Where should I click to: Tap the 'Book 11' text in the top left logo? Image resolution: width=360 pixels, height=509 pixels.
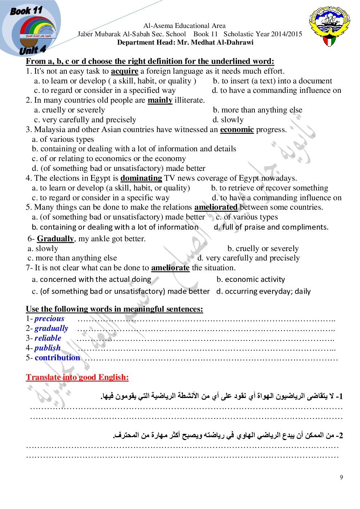(x=26, y=11)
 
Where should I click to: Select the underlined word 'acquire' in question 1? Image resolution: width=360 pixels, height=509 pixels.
(x=124, y=71)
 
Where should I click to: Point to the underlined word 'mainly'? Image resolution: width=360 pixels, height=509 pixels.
(x=160, y=100)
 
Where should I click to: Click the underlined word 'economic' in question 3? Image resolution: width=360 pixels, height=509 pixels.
(x=237, y=130)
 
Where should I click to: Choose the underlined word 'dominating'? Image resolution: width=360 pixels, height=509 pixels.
(x=141, y=178)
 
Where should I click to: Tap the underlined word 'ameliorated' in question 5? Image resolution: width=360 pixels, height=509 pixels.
(x=216, y=207)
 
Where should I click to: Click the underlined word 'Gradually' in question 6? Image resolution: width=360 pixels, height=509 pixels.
(x=55, y=239)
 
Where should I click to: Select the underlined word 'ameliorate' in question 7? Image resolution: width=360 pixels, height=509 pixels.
(x=170, y=268)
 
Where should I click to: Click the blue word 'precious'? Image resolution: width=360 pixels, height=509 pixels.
(x=49, y=319)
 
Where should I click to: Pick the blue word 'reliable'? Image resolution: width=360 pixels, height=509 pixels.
(x=48, y=338)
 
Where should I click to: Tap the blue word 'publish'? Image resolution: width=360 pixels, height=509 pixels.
(x=48, y=348)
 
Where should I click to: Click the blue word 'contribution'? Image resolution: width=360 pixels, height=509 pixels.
(x=57, y=358)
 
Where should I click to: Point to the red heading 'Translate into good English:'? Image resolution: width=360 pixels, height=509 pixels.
(x=77, y=377)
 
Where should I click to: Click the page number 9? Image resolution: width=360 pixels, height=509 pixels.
(x=341, y=477)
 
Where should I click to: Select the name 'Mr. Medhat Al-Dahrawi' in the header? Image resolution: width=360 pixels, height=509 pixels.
(x=215, y=42)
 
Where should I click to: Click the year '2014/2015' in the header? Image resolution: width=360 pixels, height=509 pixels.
(x=287, y=34)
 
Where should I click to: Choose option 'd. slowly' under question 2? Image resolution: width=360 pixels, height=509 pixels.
(x=228, y=120)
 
